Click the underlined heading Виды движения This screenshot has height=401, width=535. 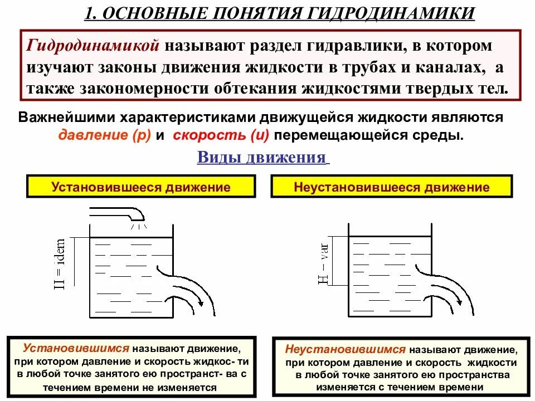262,158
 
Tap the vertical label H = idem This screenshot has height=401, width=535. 60,264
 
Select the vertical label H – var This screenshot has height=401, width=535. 324,261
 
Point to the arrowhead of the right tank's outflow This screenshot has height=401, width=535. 459,300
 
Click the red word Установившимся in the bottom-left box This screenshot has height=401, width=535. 76,349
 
